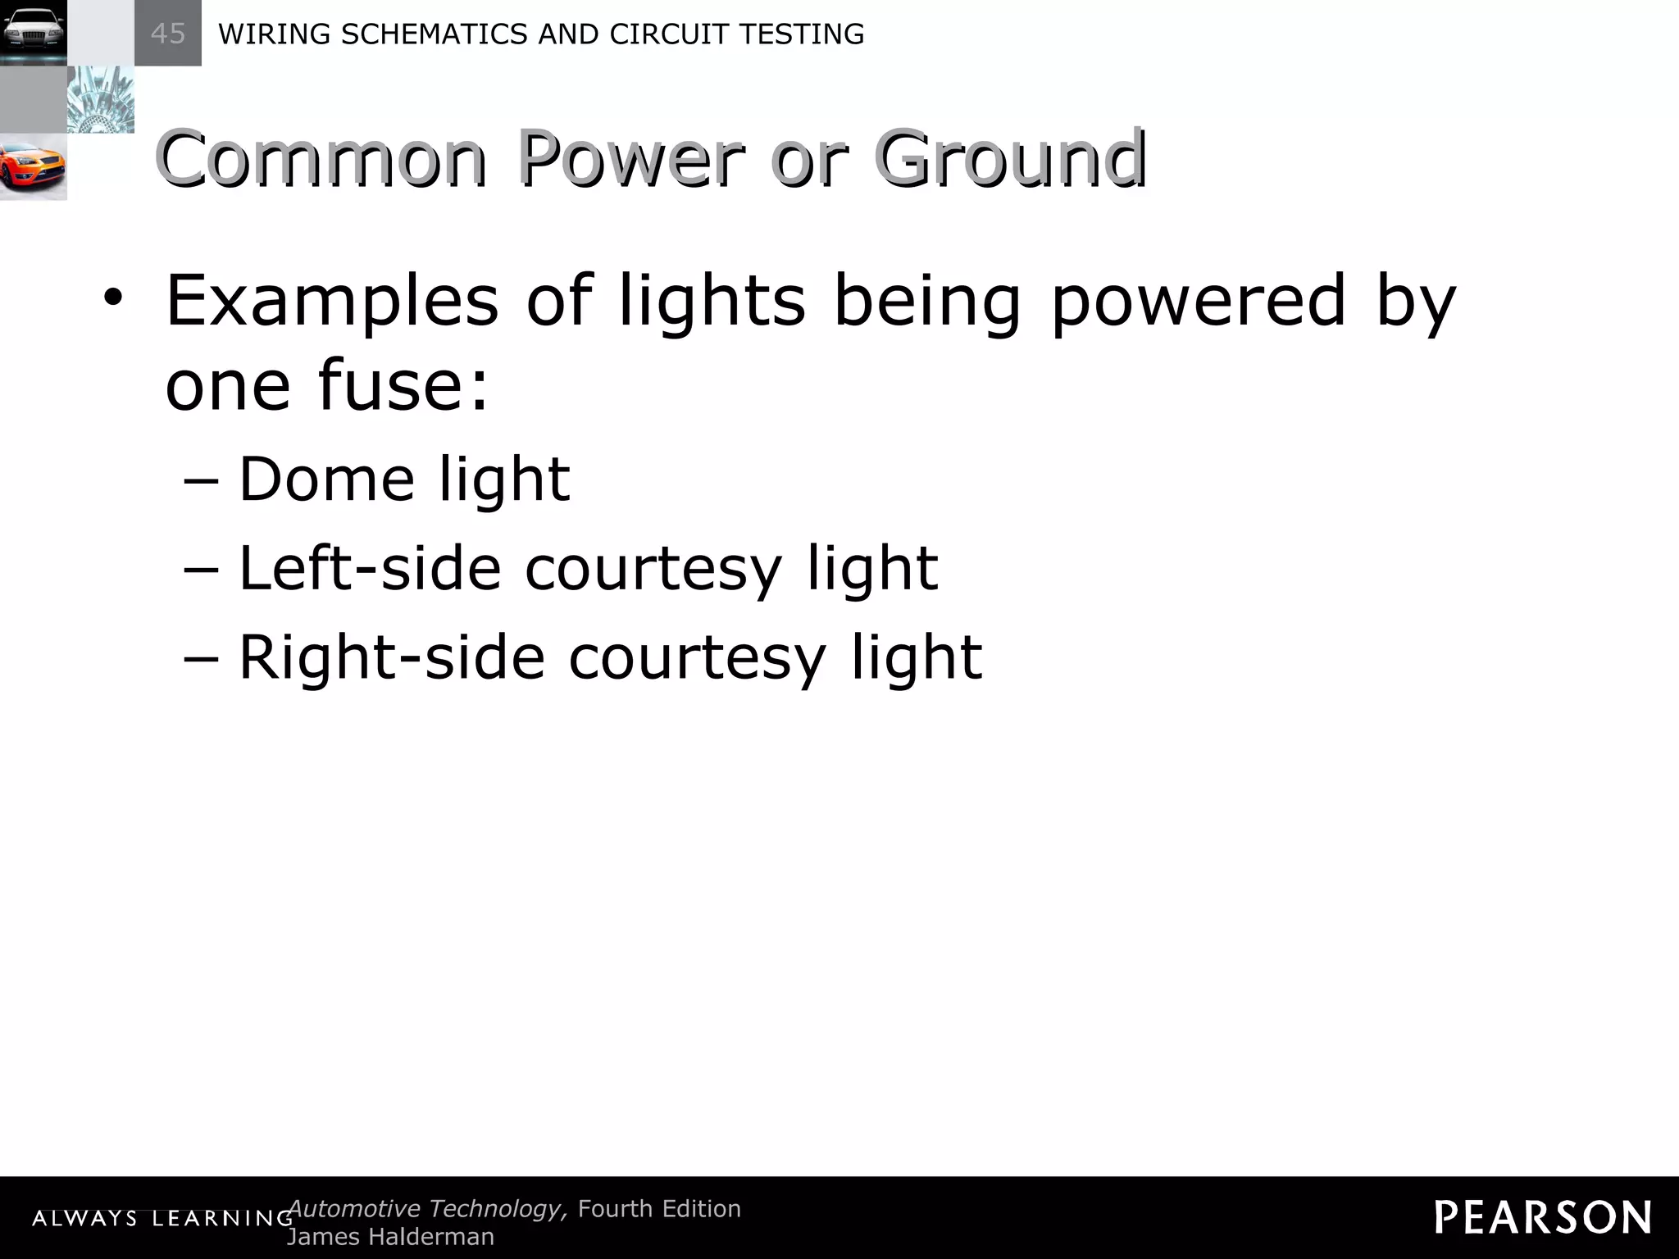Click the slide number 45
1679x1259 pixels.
point(167,34)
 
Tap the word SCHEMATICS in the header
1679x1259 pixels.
point(427,34)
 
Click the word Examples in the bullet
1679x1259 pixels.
point(332,302)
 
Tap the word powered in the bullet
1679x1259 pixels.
point(1198,302)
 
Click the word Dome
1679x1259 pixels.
point(326,479)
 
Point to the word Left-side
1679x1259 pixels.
point(370,567)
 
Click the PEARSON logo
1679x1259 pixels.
point(1542,1217)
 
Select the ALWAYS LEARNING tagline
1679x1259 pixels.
point(162,1219)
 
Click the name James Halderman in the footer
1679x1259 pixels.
point(390,1237)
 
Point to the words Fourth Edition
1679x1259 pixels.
point(659,1208)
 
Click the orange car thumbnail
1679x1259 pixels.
point(33,166)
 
